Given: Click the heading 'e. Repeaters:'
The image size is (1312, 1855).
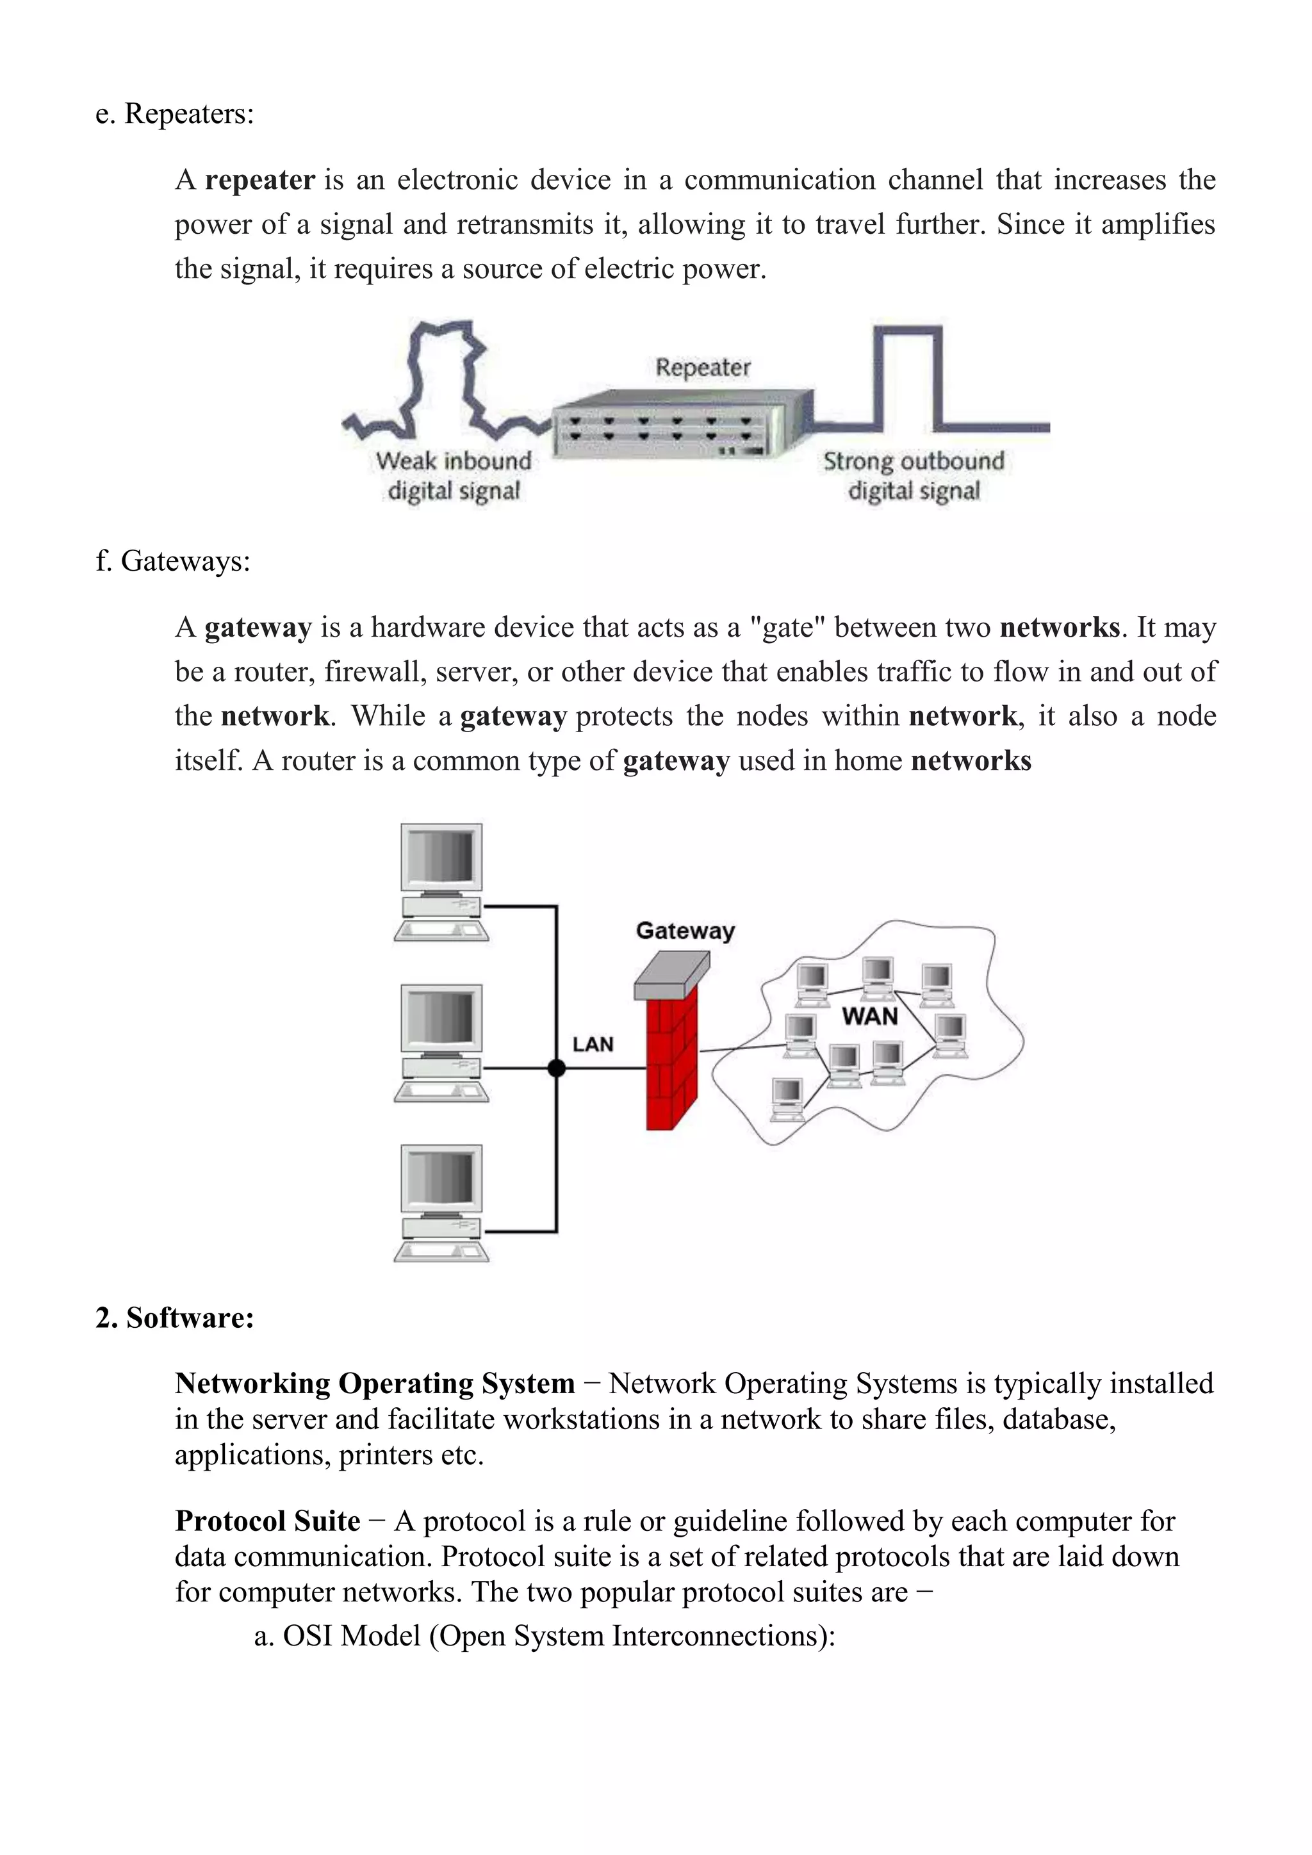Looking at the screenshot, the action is (x=174, y=114).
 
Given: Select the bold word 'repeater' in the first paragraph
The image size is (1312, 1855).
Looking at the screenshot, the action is (x=259, y=179).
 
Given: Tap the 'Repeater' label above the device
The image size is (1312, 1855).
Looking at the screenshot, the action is (x=702, y=368).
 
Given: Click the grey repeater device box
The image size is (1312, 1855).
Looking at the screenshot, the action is (x=671, y=429).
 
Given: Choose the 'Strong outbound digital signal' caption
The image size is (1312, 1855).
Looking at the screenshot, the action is (x=914, y=476).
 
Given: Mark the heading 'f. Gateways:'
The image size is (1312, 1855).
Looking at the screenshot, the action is (x=173, y=560).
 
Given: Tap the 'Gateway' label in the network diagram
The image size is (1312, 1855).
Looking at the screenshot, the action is (x=685, y=931).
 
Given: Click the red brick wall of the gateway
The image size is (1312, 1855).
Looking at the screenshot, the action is (x=671, y=1063).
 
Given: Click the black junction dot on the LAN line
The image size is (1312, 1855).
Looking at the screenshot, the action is (x=557, y=1068).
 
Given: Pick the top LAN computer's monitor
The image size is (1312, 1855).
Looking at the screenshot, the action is (x=441, y=858).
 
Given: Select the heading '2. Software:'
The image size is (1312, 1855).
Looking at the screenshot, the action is (x=174, y=1318).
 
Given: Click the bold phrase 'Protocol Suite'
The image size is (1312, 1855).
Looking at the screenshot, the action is (x=267, y=1521).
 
